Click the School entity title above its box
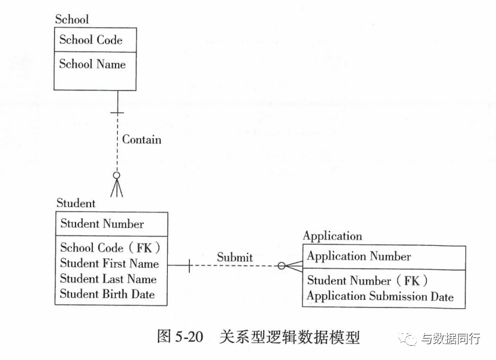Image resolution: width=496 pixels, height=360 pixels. (x=72, y=19)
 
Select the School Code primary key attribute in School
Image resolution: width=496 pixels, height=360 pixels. (x=91, y=40)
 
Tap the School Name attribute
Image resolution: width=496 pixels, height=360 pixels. (x=92, y=64)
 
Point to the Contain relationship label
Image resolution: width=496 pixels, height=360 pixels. (x=142, y=139)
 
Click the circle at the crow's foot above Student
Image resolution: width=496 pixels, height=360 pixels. (x=117, y=175)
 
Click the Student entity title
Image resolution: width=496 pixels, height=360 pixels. (x=76, y=203)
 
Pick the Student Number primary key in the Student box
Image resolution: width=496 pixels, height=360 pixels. (x=102, y=224)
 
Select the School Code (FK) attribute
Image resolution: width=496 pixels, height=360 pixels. (x=110, y=248)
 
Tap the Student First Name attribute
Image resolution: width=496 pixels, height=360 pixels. (x=110, y=263)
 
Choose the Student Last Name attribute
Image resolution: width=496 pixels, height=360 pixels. (x=108, y=278)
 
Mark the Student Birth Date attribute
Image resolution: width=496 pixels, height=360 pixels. (x=107, y=294)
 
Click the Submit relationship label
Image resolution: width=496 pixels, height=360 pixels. (x=235, y=257)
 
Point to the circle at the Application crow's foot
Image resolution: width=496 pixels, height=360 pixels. (x=282, y=266)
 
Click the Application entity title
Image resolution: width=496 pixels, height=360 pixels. (x=332, y=236)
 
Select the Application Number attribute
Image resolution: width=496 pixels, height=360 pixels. (x=359, y=256)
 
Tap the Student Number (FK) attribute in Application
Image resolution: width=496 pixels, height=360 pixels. (x=367, y=280)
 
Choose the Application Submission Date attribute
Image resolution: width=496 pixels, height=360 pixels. (x=380, y=296)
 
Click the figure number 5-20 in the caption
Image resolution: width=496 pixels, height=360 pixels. (x=189, y=336)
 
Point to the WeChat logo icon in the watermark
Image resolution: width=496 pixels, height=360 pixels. (x=408, y=339)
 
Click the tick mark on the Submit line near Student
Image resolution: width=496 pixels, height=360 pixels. (x=189, y=265)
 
